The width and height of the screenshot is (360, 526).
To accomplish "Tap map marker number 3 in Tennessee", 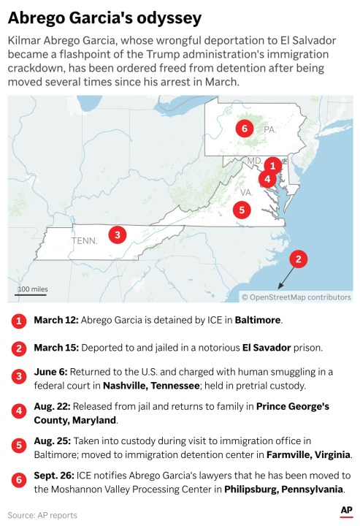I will coord(117,235).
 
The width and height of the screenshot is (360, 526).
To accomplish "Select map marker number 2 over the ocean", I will coord(297,259).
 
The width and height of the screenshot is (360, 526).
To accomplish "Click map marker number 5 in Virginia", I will coord(243,209).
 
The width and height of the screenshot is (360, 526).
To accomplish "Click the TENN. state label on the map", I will coord(84,240).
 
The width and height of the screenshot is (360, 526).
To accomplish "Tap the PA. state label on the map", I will coord(269,129).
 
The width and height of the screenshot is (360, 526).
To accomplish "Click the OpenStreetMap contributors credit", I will coord(296,297).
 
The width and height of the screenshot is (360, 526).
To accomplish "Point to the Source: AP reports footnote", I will coord(42,515).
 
